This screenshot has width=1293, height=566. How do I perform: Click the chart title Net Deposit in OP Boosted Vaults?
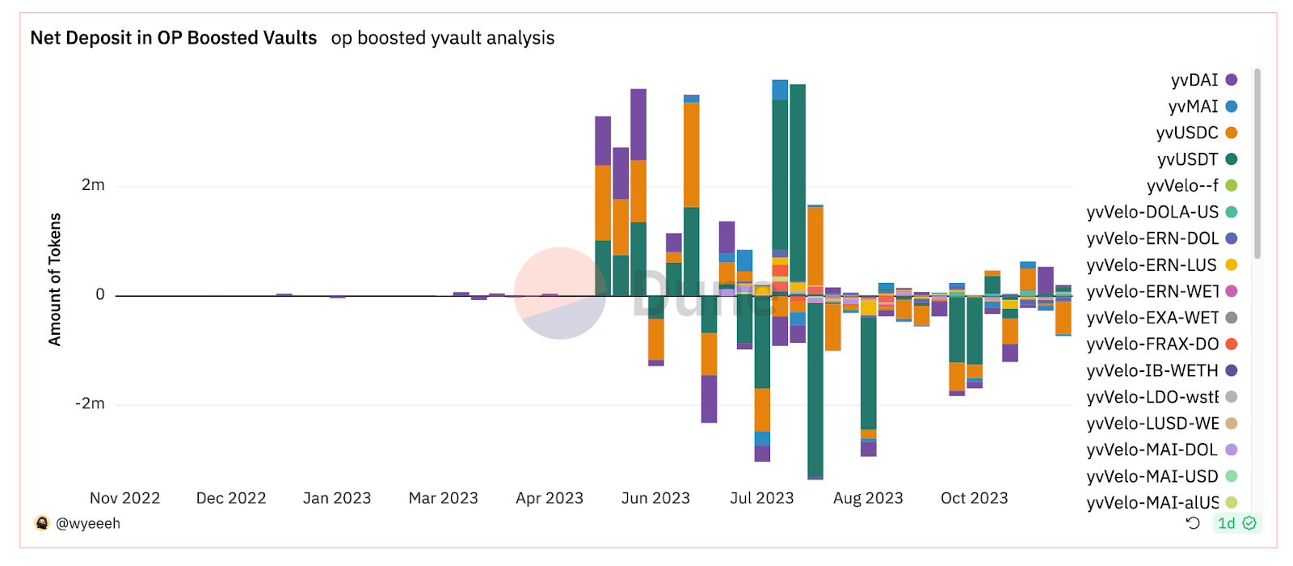pos(173,38)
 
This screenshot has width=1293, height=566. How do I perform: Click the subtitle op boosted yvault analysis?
pos(442,38)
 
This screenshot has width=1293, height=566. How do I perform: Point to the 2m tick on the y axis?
pos(93,185)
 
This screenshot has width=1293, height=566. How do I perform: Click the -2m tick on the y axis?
pos(90,403)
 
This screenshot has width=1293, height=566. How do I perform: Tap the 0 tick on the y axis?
pos(100,294)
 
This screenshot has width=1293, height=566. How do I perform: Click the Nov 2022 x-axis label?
pos(124,498)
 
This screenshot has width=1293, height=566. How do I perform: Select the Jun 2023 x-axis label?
pos(655,498)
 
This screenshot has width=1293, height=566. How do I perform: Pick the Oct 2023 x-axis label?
pos(974,498)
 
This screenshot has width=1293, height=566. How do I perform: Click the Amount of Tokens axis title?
pos(55,280)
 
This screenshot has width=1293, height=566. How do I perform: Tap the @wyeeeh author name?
pos(87,523)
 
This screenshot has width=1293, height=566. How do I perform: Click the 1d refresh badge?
pos(1226,523)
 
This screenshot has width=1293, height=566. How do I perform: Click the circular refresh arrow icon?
pos(1193,523)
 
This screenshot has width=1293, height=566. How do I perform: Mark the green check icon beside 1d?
pos(1249,523)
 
